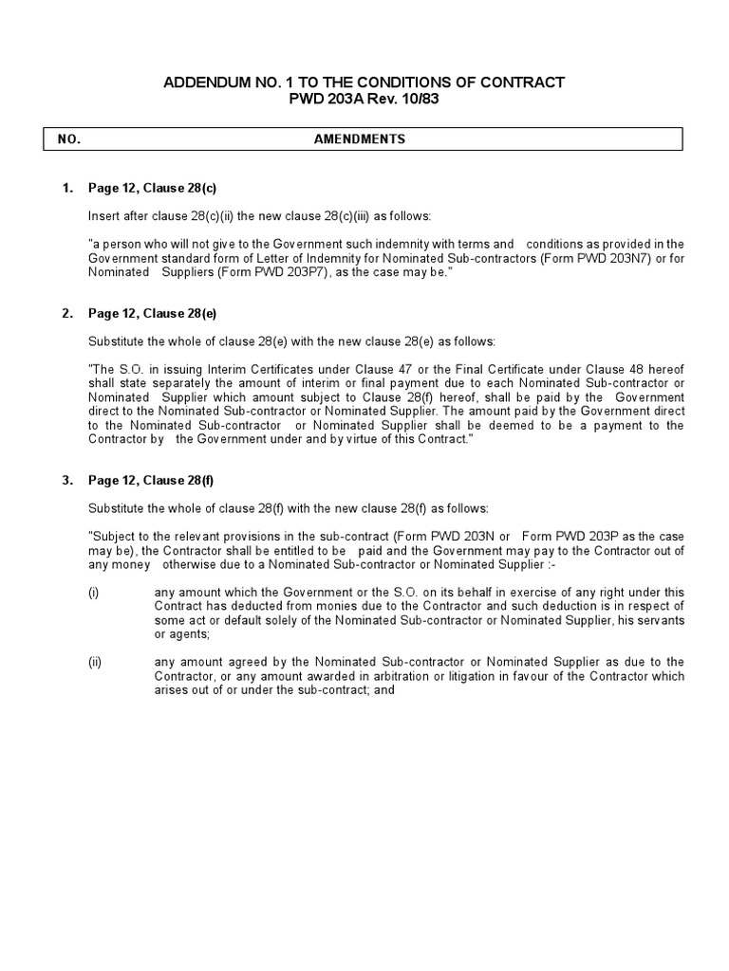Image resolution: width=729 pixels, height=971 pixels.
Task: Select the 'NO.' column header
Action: pyautogui.click(x=69, y=139)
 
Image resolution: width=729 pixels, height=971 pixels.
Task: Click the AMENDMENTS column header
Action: pyautogui.click(x=360, y=139)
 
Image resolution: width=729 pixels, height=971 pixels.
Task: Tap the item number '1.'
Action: pyautogui.click(x=67, y=188)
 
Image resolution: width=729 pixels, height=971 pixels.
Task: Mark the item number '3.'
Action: pyautogui.click(x=67, y=480)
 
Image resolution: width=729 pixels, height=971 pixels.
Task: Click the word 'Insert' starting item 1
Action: pyautogui.click(x=103, y=215)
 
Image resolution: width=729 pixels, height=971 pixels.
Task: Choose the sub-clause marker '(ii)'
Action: pyautogui.click(x=95, y=662)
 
